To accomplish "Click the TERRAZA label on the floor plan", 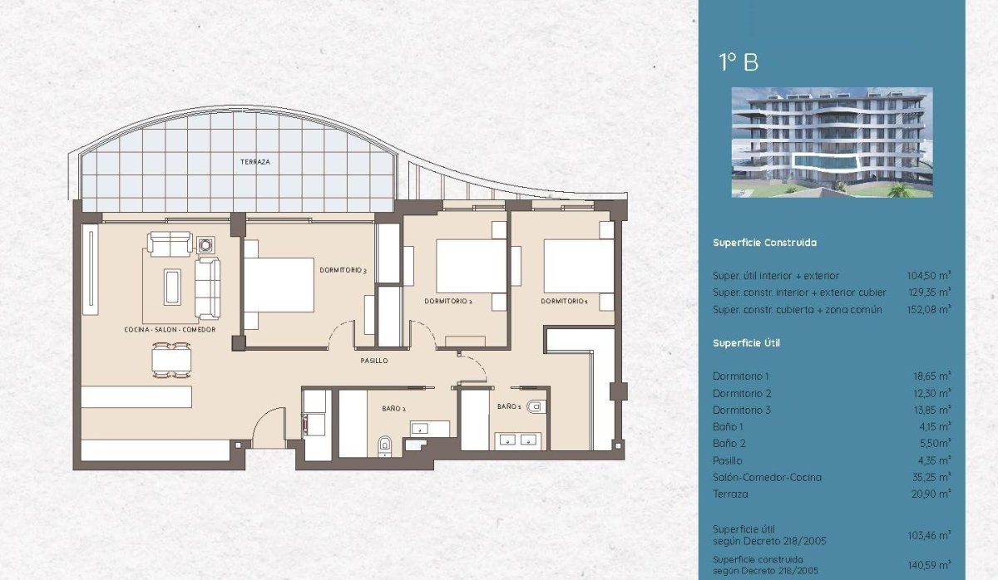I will coord(255,162).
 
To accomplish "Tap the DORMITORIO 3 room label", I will coord(343,270).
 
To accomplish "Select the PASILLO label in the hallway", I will coord(374,361).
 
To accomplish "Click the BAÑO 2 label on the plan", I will coord(394,408).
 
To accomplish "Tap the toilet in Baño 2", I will coord(383,445).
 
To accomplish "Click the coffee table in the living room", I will coord(173,287).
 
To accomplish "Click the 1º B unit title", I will coord(739,62).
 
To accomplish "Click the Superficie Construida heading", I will coord(764,243).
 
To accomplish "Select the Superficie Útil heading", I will coord(746,342).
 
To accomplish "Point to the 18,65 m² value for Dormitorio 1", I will coord(931,376).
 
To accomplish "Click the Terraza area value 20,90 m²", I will coord(931,494).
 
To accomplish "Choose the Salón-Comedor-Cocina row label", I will coord(767,477).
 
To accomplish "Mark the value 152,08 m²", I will coord(929,309).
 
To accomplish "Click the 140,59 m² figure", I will coord(929,563).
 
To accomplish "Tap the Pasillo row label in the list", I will coord(728,460).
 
